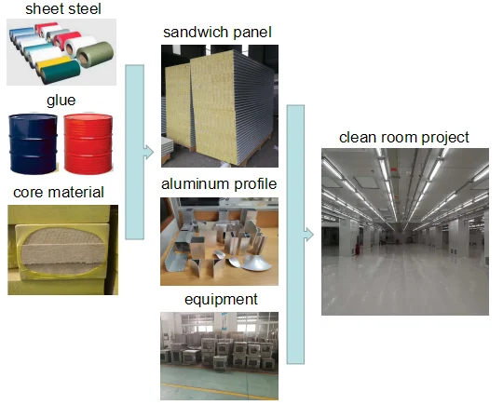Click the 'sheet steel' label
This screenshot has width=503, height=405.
tap(63, 9)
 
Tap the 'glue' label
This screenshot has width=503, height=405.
tap(61, 101)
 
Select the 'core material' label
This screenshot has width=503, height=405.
tap(59, 193)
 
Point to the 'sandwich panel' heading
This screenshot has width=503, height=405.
tap(217, 33)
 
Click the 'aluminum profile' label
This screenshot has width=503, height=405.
tap(219, 184)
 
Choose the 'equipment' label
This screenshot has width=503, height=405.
tap(221, 300)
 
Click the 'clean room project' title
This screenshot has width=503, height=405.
tap(404, 138)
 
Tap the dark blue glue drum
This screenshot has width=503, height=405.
tap(33, 143)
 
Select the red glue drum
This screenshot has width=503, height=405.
tap(88, 143)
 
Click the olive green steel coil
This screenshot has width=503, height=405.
tap(95, 54)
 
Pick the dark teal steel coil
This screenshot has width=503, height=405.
tap(61, 72)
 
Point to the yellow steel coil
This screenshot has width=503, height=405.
tap(53, 63)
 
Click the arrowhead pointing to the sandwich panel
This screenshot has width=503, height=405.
tap(148, 152)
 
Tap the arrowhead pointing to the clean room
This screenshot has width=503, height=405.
tap(308, 235)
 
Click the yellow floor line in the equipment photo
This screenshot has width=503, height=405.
tap(219, 392)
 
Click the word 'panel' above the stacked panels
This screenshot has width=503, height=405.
tap(252, 33)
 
